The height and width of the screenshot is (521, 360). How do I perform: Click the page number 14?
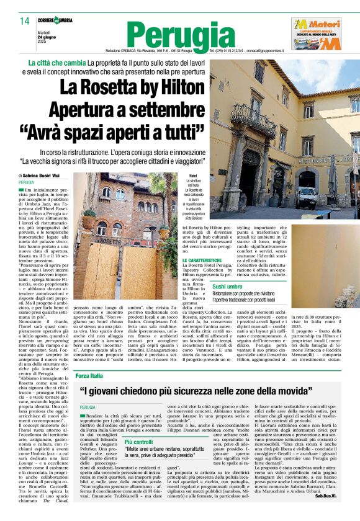coord(24,20)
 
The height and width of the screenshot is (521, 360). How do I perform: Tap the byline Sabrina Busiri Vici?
coord(40,176)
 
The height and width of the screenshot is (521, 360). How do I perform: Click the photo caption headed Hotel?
coord(193,198)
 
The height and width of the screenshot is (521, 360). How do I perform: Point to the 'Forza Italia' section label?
coord(89,376)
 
